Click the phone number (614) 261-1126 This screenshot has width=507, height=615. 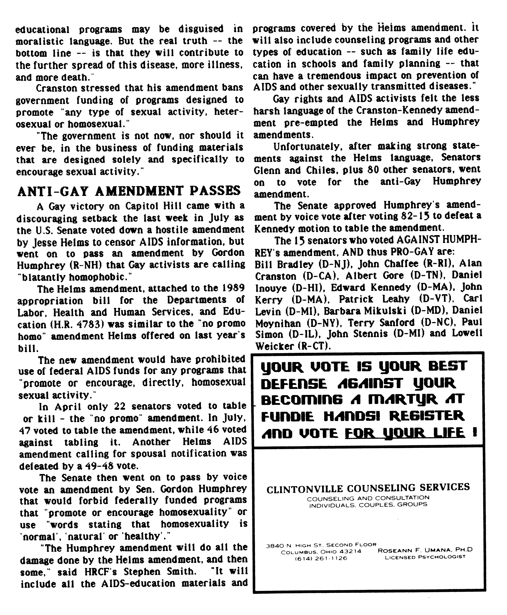321,558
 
